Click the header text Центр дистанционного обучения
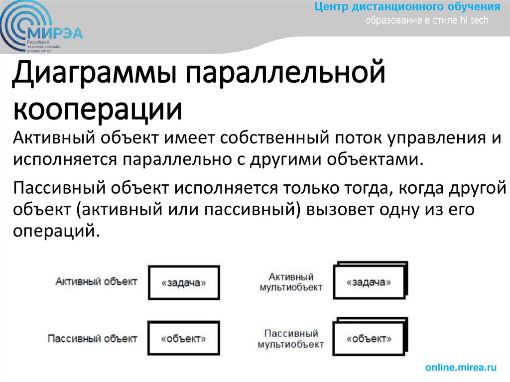pos(407,7)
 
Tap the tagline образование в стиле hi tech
pos(427,20)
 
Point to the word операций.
pos(54,232)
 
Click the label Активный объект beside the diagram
pos(96,281)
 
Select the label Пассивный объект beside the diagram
pos(92,338)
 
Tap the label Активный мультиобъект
pos(291,281)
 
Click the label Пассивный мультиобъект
pos(291,338)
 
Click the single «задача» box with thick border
pos(184,282)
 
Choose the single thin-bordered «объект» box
pos(184,339)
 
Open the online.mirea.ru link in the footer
pos(461,368)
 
